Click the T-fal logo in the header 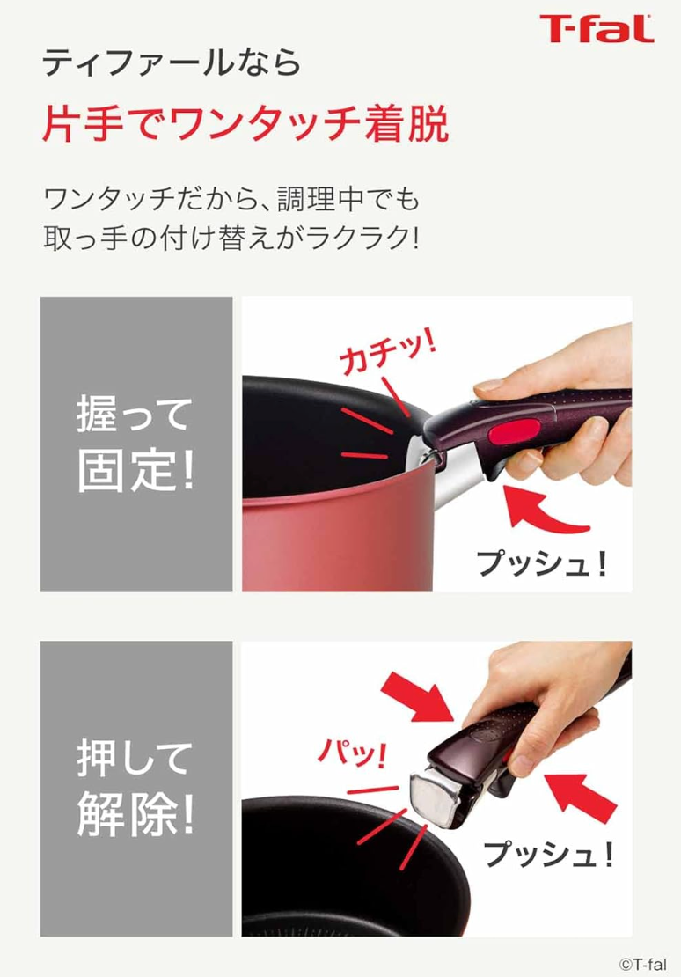coord(597,29)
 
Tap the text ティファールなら coord(172,63)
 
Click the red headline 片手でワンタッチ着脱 coord(245,124)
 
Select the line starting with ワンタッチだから coord(231,198)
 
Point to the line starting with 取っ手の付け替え coord(231,239)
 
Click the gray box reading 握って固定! coord(136,444)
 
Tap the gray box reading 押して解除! coord(136,788)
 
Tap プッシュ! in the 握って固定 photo coord(542,562)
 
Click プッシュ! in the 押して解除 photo coord(548,852)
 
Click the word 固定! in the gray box coord(136,474)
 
